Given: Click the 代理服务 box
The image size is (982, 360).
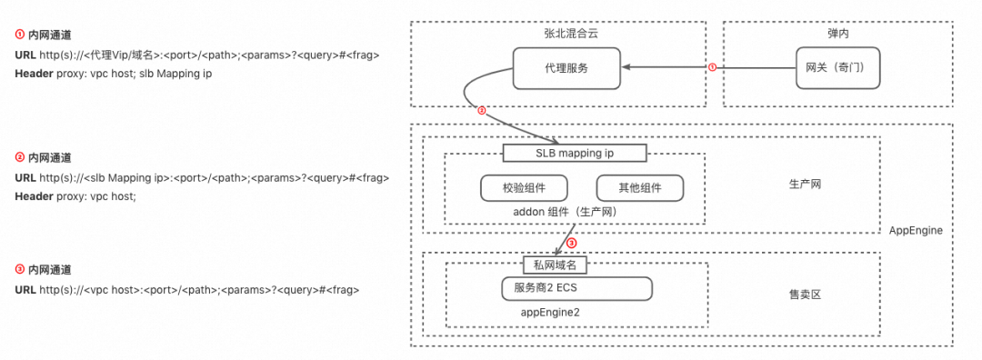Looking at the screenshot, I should coord(566,68).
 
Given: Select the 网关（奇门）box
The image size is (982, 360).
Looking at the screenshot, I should coord(837,68).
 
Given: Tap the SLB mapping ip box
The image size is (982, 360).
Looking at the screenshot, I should coord(575,152).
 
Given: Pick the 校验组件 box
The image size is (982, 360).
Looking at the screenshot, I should coord(524,187).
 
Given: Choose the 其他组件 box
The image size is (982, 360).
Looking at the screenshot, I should coord(639,187).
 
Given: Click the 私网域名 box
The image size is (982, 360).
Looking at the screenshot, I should coord(556,265).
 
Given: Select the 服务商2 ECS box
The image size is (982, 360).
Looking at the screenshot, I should coord(576,288).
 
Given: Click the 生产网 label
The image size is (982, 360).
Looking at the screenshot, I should coord(806,185).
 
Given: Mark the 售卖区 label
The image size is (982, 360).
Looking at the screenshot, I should coord(805,295).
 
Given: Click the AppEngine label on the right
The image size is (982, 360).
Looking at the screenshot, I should coord(916,231).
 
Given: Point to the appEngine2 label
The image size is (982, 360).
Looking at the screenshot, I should coord(550,311).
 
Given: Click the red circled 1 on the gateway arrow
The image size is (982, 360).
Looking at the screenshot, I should coord(712,66).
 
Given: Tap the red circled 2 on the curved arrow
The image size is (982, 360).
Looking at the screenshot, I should coord(483,111).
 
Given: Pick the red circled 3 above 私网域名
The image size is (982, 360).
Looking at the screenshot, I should coord(571,244).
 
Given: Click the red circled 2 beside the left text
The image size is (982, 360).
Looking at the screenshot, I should coord(19,157).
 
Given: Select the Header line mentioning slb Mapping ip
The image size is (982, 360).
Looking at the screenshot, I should coord(114,73).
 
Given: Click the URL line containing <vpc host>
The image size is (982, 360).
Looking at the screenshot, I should coord(186,289).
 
